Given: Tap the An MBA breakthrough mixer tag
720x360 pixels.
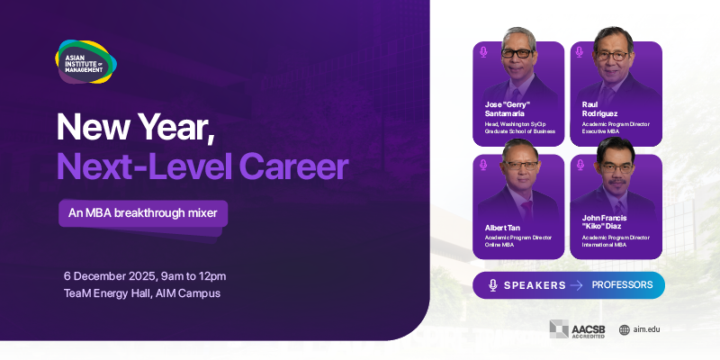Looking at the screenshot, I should pyautogui.click(x=143, y=214).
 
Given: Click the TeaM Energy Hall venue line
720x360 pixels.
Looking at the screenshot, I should pyautogui.click(x=141, y=293).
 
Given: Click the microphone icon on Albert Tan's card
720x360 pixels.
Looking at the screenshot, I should pyautogui.click(x=483, y=166).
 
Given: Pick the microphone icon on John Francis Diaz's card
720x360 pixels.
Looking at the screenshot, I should pyautogui.click(x=580, y=166).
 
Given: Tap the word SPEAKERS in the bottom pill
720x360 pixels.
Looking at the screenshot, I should pyautogui.click(x=535, y=285).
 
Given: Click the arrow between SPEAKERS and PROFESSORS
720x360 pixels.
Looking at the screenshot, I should pyautogui.click(x=577, y=285).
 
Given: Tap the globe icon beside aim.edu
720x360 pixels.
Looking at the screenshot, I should pyautogui.click(x=624, y=329).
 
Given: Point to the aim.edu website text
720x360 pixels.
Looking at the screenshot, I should pyautogui.click(x=646, y=329).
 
